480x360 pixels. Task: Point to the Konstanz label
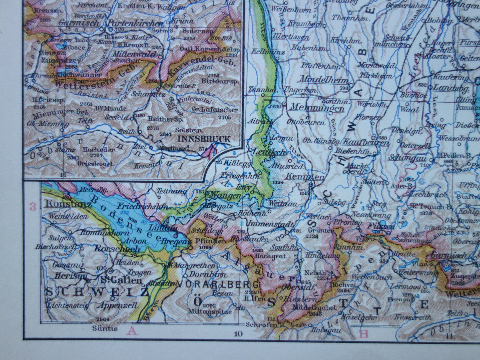(67, 204)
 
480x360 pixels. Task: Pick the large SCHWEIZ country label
(97, 292)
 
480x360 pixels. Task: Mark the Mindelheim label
(324, 80)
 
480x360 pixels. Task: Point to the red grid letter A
(132, 330)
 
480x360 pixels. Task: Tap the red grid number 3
(33, 207)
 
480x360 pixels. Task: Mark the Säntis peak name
(105, 328)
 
